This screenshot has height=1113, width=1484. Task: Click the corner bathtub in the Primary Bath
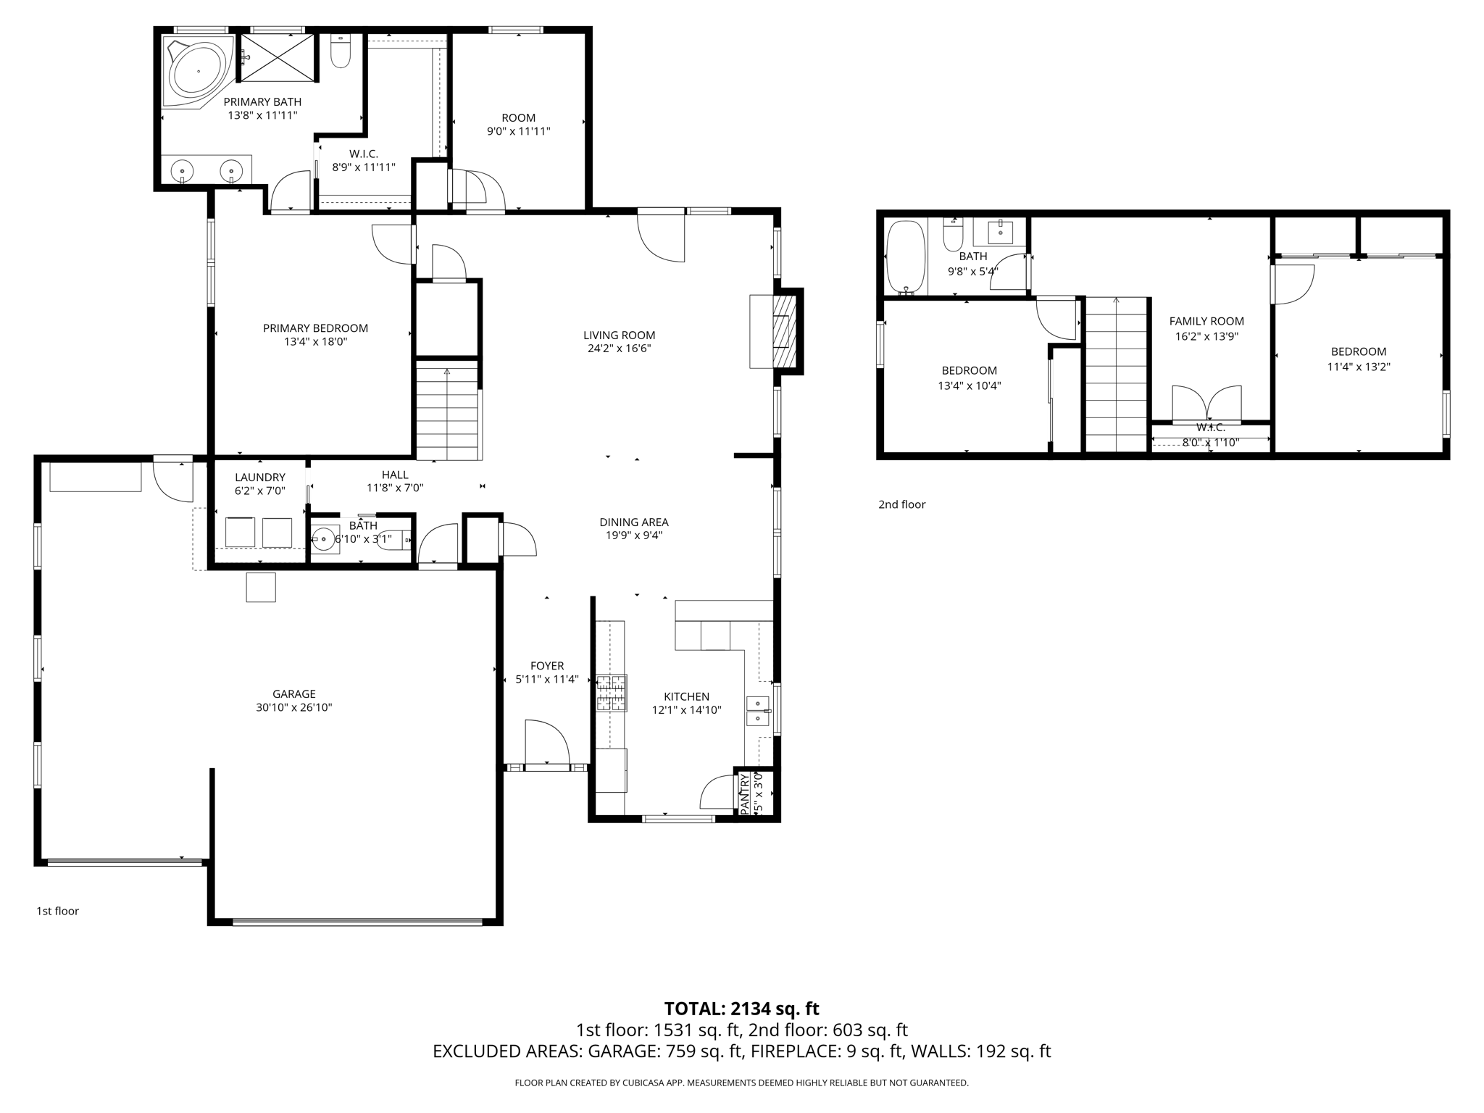(x=197, y=72)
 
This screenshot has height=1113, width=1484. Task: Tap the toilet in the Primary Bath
(x=340, y=53)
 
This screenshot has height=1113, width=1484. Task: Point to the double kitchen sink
(x=758, y=711)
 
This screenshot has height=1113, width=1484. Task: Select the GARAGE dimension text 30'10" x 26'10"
(x=293, y=707)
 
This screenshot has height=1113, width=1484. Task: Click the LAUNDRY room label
(x=259, y=477)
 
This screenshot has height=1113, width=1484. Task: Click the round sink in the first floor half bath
(x=323, y=538)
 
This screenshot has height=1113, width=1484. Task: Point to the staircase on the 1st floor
(x=448, y=413)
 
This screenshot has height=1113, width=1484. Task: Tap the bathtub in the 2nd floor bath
(x=906, y=257)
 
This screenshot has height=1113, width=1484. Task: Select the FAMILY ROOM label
(x=1206, y=321)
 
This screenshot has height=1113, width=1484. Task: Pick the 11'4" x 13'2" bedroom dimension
(x=1358, y=367)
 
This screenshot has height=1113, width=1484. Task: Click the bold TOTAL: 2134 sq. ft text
(x=741, y=1008)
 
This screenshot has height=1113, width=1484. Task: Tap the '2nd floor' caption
(x=901, y=504)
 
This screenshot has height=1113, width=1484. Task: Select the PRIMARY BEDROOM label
(x=315, y=328)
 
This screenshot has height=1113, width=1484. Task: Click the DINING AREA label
(x=633, y=522)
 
